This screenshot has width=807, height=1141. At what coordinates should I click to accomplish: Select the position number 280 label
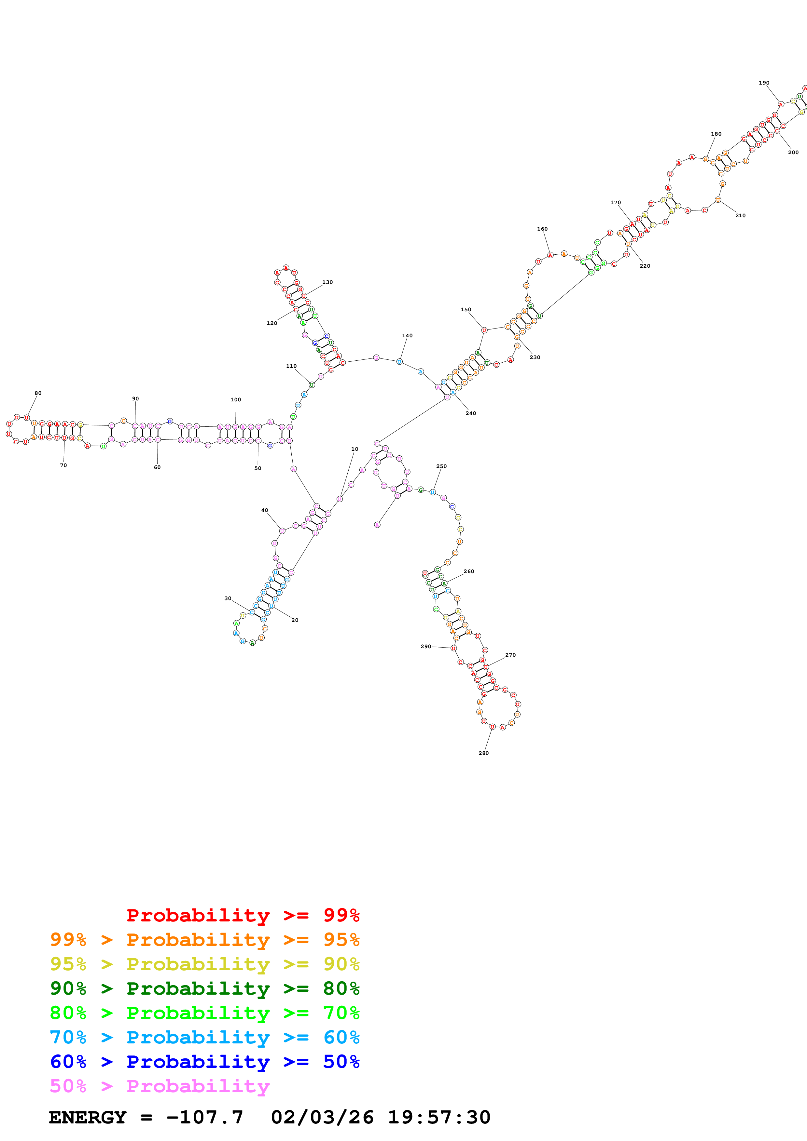point(483,753)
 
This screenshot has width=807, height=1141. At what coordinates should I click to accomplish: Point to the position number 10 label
point(355,449)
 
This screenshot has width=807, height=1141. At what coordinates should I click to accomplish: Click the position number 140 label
point(407,335)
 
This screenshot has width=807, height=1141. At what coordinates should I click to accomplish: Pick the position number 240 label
point(470,413)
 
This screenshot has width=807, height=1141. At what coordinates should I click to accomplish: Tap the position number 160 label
point(542,229)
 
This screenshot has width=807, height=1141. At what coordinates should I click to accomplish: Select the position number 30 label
point(228,598)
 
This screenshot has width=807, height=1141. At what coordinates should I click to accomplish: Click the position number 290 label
point(425,647)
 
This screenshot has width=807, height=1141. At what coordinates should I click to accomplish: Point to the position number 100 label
point(236,399)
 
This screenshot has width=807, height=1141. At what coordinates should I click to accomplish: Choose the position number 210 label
point(740,216)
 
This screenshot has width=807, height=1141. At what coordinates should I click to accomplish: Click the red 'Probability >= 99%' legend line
point(243,915)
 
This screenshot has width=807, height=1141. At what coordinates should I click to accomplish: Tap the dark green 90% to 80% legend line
point(204,988)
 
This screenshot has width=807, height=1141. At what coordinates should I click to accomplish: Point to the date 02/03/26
point(322,1117)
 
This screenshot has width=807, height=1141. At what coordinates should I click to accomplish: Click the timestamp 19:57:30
point(439,1117)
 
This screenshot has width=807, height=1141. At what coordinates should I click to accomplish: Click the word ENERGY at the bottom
point(88,1117)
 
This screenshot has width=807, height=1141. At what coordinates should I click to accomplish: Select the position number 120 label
point(271,323)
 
